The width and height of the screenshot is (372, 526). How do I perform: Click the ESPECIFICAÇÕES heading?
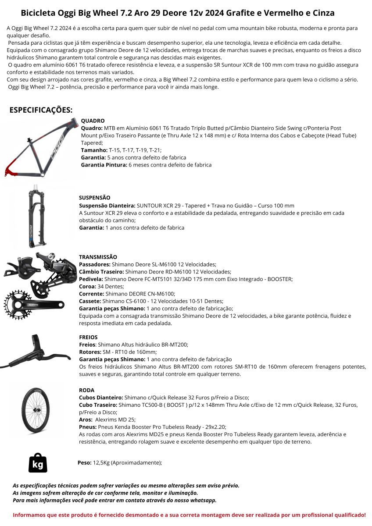(41, 110)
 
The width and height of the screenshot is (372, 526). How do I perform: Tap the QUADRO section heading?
(93, 121)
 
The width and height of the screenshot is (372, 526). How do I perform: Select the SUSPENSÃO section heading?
(94, 198)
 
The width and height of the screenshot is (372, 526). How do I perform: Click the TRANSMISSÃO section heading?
(98, 257)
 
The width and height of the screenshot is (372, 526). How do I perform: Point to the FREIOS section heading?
(88, 338)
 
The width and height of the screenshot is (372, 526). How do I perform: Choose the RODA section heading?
(86, 390)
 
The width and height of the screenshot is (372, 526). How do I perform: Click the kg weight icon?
(38, 463)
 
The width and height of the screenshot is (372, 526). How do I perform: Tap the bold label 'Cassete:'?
(90, 301)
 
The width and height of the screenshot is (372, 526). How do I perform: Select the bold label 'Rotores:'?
(90, 352)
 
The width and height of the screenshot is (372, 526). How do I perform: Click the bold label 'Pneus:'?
(88, 427)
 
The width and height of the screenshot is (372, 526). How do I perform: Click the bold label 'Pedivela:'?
(91, 279)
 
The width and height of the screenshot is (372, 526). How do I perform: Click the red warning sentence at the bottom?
(189, 515)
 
